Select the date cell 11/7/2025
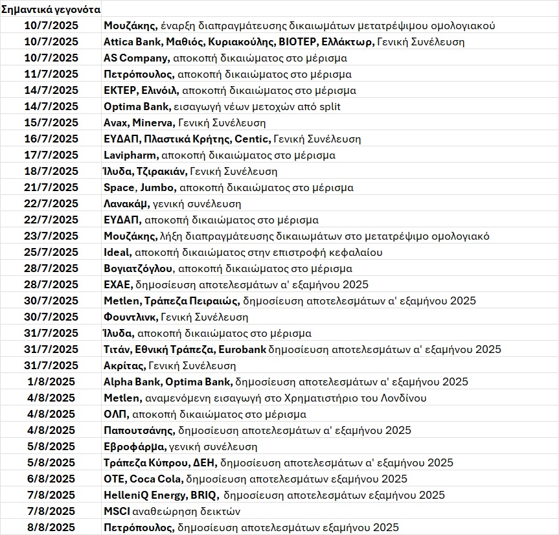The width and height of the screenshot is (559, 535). pyautogui.click(x=51, y=74)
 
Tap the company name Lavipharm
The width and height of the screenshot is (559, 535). pyautogui.click(x=130, y=155)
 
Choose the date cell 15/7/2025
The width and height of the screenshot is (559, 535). pyautogui.click(x=51, y=123)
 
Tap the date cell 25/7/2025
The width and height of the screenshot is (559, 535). pyautogui.click(x=51, y=253)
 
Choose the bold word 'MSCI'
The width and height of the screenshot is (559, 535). pyautogui.click(x=117, y=512)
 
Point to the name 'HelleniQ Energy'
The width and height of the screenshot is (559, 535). pyautogui.click(x=144, y=495)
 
